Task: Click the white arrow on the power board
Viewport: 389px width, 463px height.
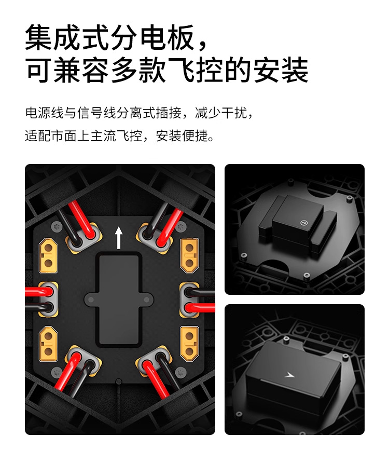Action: (x=119, y=238)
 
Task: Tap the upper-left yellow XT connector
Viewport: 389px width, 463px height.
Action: (x=48, y=256)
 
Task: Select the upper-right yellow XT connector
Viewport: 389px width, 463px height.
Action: (x=189, y=256)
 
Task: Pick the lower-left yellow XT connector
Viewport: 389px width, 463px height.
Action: (x=48, y=344)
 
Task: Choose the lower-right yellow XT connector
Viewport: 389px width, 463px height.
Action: (x=189, y=344)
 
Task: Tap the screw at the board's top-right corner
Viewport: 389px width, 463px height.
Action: (x=181, y=227)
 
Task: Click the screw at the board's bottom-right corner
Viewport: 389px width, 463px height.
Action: (x=180, y=372)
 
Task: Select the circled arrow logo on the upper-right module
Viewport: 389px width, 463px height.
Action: (x=303, y=223)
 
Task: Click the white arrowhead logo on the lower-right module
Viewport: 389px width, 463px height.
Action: (x=289, y=374)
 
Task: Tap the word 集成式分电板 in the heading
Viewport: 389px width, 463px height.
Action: (x=109, y=38)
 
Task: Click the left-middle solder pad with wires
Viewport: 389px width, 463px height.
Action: (x=47, y=299)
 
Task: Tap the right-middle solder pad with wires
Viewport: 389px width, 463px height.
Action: (x=190, y=299)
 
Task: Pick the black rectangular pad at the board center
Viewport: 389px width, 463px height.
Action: (x=119, y=299)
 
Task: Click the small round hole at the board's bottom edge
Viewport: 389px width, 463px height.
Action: (x=119, y=381)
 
